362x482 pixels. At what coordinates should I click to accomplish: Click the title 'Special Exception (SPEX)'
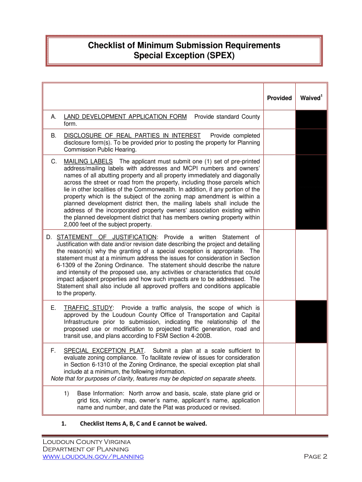point(184,56)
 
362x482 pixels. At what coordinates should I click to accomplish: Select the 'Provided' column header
point(279,98)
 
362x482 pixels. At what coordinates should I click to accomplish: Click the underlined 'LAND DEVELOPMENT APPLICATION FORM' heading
point(125,116)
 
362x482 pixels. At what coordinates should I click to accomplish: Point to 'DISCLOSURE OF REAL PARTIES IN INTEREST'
point(132,136)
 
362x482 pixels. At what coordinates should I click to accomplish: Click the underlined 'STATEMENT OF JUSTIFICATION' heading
point(107,237)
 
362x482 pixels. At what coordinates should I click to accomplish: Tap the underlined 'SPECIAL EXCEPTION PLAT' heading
point(104,351)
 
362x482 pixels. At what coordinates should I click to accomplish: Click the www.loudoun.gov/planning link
point(93,457)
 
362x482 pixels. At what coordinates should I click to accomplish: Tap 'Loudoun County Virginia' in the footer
point(87,442)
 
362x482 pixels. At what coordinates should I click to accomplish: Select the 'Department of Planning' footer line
point(86,449)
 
